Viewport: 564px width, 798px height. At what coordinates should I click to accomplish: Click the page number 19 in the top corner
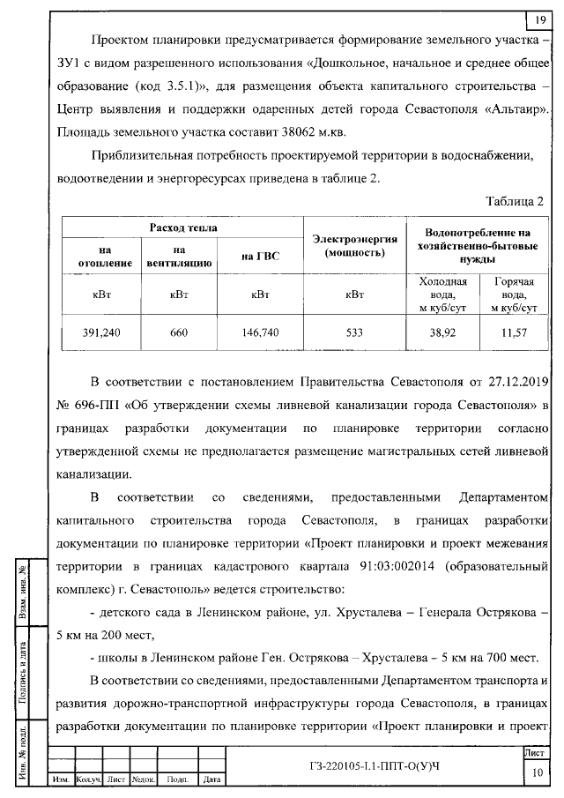click(539, 20)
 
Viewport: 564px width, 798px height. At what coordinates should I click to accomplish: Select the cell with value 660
click(179, 332)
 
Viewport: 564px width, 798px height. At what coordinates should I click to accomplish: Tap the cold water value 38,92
click(442, 332)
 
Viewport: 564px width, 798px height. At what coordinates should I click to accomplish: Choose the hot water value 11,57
click(513, 332)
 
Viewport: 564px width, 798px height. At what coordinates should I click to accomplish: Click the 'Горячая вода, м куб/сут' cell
click(513, 295)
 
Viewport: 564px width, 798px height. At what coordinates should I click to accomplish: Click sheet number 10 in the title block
click(537, 773)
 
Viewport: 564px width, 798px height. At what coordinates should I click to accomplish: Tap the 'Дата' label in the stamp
click(211, 779)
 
